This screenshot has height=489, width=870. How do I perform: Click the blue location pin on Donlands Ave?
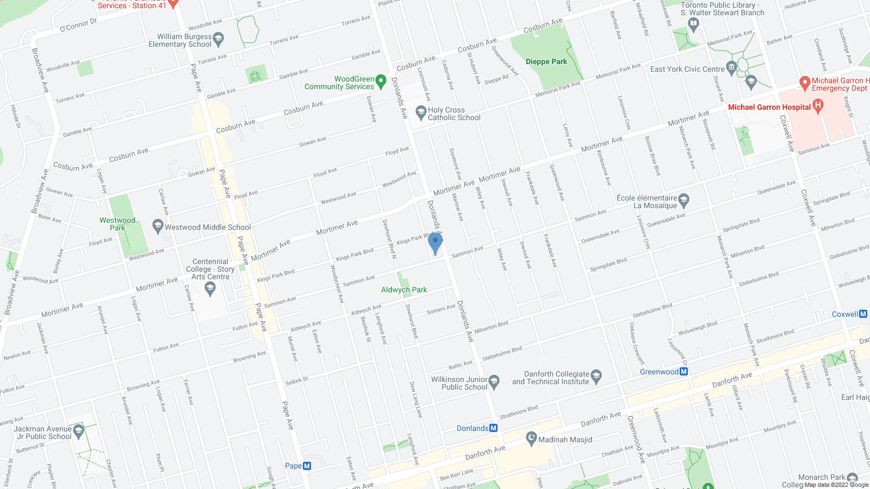pyautogui.click(x=435, y=243)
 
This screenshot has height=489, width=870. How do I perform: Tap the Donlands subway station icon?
pyautogui.click(x=494, y=428)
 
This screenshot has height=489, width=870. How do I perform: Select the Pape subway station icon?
pyautogui.click(x=307, y=466)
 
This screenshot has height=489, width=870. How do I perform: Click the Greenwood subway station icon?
pyautogui.click(x=684, y=372)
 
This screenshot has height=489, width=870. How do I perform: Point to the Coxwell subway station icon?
pyautogui.click(x=863, y=314)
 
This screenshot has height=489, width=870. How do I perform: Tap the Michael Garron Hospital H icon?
pyautogui.click(x=816, y=107)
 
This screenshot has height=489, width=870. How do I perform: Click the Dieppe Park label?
pyautogui.click(x=546, y=61)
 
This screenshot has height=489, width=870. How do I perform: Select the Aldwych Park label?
pyautogui.click(x=403, y=290)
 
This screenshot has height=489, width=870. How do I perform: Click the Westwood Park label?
pyautogui.click(x=117, y=224)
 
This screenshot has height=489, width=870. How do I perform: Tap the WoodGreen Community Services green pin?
pyautogui.click(x=381, y=82)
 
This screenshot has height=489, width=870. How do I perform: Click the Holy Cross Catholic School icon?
pyautogui.click(x=420, y=113)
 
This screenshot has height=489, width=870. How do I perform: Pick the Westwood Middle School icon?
pyautogui.click(x=158, y=227)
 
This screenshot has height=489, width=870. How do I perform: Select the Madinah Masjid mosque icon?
pyautogui.click(x=531, y=439)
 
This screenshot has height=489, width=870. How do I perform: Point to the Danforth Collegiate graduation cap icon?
pyautogui.click(x=596, y=377)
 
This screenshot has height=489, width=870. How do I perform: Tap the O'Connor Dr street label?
pyautogui.click(x=78, y=25)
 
